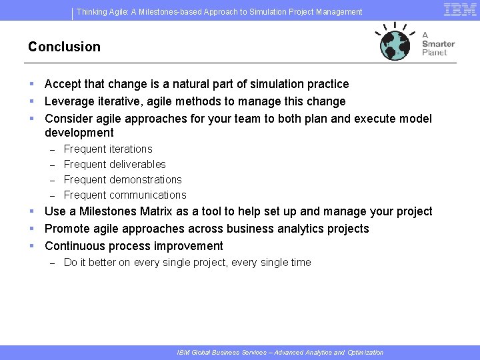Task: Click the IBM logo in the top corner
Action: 459,9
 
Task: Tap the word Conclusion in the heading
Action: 64,47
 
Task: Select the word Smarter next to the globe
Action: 438,44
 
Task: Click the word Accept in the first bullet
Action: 63,84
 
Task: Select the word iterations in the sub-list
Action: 130,149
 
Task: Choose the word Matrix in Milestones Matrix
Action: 156,211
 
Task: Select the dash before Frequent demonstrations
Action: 53,180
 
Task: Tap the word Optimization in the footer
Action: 365,353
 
